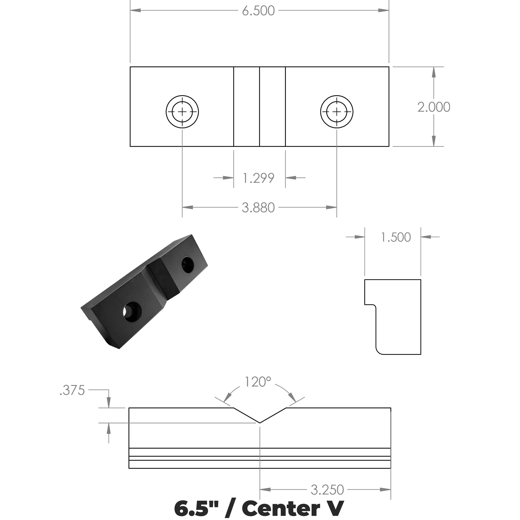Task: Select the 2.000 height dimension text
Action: [x=434, y=107]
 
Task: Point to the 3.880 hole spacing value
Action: [x=258, y=208]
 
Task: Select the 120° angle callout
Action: [x=258, y=382]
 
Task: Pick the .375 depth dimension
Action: [x=72, y=390]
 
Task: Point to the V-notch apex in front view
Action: [x=260, y=423]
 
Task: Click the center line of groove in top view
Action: [x=259, y=107]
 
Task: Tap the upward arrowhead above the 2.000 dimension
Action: [x=434, y=72]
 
